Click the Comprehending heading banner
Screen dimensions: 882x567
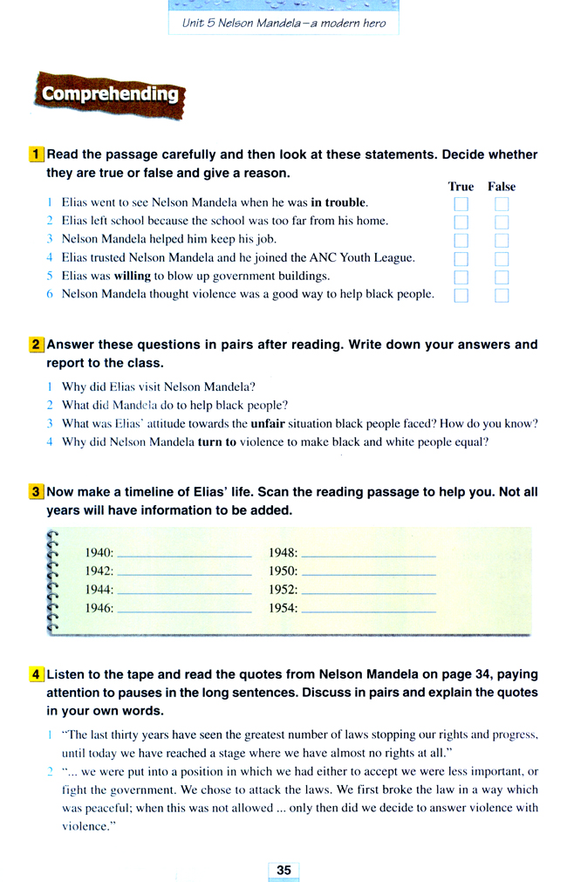(109, 94)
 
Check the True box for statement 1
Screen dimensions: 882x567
(461, 204)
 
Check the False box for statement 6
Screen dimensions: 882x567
(502, 295)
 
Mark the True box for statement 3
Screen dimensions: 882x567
(461, 240)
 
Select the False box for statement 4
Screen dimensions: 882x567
(502, 258)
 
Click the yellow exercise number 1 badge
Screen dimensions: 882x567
(36, 154)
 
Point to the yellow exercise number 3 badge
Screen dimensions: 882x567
(36, 492)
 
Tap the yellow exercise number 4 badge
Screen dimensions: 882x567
(36, 674)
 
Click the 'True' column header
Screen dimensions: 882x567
(461, 187)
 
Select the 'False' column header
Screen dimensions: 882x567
(502, 187)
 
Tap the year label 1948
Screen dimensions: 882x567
(283, 552)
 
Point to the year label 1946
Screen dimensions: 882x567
(99, 608)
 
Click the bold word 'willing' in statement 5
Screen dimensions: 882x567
(133, 276)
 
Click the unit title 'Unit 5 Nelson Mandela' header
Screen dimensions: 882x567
(283, 23)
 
